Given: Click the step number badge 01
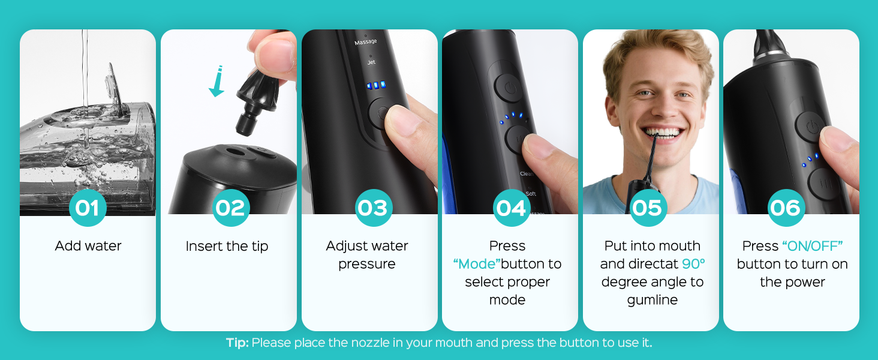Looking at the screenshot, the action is [88, 208].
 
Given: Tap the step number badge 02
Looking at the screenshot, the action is [230, 208].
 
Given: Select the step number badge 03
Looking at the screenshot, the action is [373, 208].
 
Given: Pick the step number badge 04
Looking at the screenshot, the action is [511, 208].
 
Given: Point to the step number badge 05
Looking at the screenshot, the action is [648, 208].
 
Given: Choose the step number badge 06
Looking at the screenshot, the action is [786, 208].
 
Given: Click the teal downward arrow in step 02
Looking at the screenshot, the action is [217, 81].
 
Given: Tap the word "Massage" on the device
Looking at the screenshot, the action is [366, 41].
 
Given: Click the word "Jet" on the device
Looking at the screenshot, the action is [371, 62].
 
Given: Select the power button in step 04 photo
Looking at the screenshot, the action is [509, 88].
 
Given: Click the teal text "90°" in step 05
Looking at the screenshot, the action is [693, 264].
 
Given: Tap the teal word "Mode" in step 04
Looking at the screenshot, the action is [477, 264].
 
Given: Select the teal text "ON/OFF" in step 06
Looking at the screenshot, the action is [812, 246].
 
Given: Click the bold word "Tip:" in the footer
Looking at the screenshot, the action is [237, 343].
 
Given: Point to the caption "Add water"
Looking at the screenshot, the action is [88, 246].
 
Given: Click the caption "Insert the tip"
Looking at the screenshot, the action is [227, 246].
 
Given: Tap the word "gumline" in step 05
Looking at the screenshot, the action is [653, 301].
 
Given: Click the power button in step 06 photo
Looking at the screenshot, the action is [811, 127].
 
